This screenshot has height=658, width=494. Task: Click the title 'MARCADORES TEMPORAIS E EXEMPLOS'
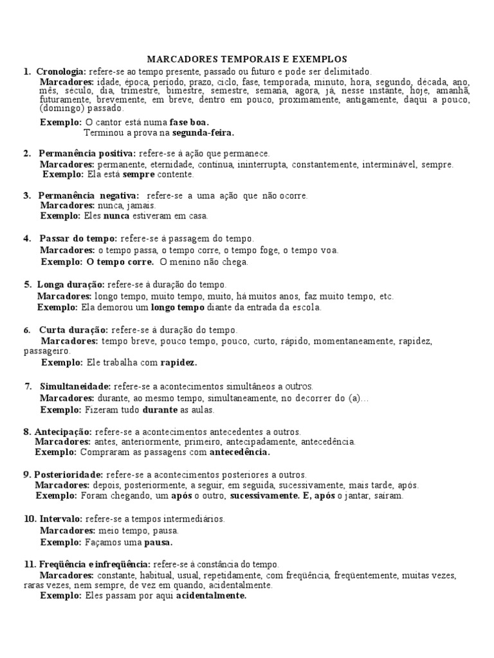point(248,58)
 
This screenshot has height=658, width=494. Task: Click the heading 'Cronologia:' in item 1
point(61,71)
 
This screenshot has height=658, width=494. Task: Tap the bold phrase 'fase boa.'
point(189,122)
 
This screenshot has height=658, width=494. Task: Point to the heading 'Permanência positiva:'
point(87,154)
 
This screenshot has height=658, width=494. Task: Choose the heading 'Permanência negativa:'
point(88,195)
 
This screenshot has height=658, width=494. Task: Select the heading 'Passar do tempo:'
point(78,238)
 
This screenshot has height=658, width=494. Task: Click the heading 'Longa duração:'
point(71,285)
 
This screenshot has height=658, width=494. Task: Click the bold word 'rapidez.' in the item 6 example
point(178,362)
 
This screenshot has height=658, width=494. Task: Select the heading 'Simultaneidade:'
point(75,386)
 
